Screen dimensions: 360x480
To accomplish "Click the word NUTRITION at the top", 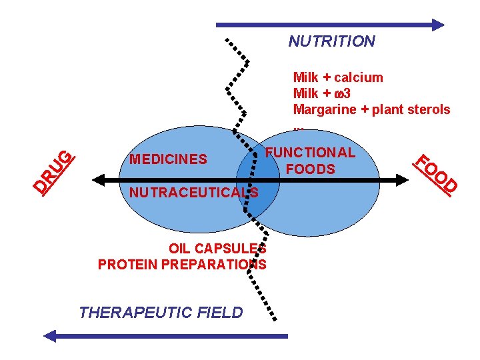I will click(x=331, y=41).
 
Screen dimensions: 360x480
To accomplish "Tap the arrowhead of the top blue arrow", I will click(x=438, y=25).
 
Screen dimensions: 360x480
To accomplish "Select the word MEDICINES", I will click(x=168, y=159).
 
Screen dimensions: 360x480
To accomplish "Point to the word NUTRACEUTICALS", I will click(x=193, y=193).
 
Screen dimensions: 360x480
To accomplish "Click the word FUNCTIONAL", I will click(x=311, y=152).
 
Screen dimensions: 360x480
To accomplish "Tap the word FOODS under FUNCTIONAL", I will click(x=310, y=169).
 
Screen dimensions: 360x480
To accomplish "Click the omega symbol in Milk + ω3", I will click(x=339, y=93).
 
